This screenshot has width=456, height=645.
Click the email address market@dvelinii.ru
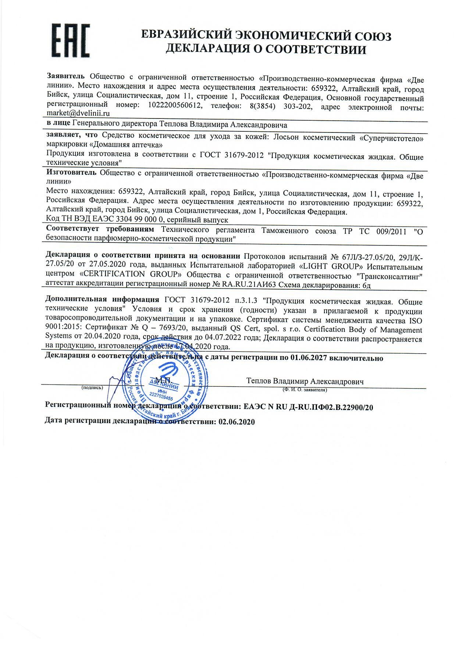pos(78,114)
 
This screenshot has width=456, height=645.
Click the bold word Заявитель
pos(66,76)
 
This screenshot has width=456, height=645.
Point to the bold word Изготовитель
pos(71,172)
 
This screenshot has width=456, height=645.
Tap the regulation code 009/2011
pos(392,231)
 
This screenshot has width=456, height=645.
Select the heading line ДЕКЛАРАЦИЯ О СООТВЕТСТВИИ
pos(266,49)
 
